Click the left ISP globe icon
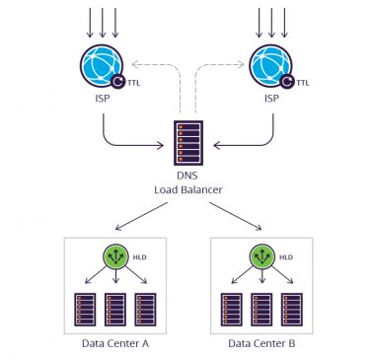(x=103, y=65)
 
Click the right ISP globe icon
(x=270, y=65)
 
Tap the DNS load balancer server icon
(x=186, y=143)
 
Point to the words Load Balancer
(x=186, y=188)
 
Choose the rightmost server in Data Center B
(x=292, y=309)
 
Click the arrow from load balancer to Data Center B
(x=233, y=215)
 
